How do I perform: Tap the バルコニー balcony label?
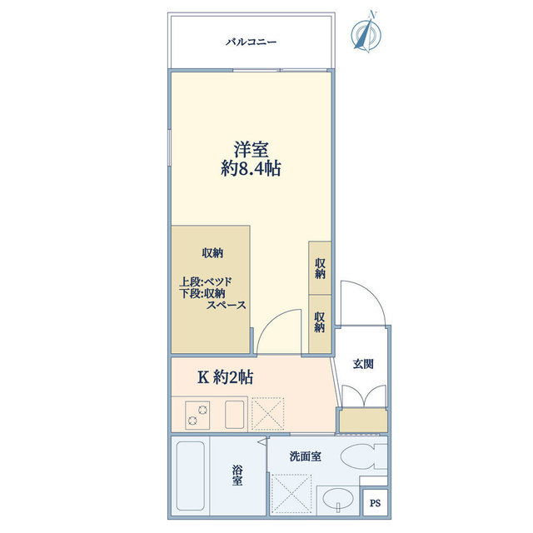pos(251,42)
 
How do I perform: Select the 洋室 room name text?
pos(251,150)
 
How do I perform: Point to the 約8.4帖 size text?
pos(251,169)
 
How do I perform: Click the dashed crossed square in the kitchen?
pos(268,413)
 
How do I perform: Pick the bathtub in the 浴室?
pos(191,476)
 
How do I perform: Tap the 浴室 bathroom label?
pos(237,476)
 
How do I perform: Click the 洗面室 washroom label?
pos(305,456)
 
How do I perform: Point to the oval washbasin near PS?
pos(339,500)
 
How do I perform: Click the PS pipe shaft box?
pos(375,502)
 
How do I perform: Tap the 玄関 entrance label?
pos(363,364)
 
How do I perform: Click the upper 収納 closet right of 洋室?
pos(320,268)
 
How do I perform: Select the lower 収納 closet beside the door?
pos(320,321)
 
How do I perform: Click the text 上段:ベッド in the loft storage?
pos(211,281)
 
